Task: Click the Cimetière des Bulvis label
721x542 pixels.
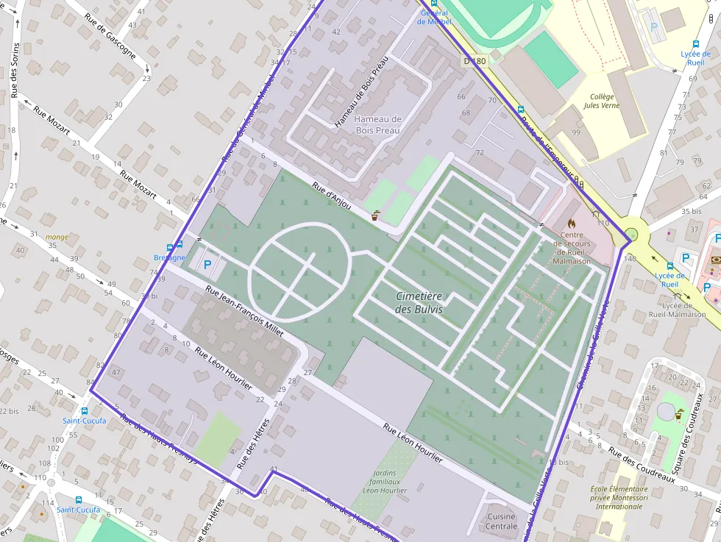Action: point(419,302)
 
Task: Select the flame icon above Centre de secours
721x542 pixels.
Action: point(571,221)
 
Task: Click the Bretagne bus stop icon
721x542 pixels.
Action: point(174,246)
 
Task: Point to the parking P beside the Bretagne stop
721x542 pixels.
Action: point(207,264)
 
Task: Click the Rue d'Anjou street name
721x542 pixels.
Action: point(331,196)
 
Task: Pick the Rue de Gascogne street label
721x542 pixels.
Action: point(110,35)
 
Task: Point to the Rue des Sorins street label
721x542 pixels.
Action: point(14,70)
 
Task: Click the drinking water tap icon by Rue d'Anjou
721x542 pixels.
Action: point(376,216)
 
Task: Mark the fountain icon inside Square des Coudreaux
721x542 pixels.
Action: point(677,414)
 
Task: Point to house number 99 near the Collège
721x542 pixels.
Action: point(576,132)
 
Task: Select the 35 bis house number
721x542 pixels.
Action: point(691,212)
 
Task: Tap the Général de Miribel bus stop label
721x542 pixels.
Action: point(434,17)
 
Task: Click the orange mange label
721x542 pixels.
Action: point(57,237)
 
